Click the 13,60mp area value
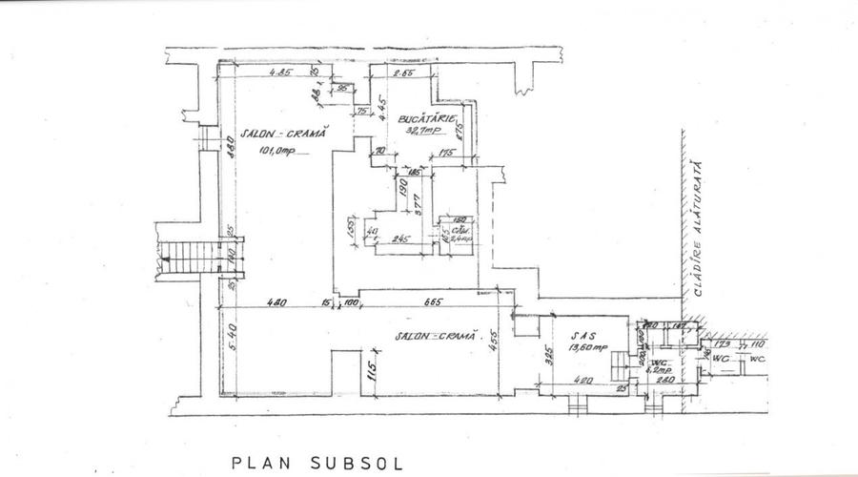587,349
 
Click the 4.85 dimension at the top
278,74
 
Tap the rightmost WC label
757,360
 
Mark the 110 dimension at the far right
758,343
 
